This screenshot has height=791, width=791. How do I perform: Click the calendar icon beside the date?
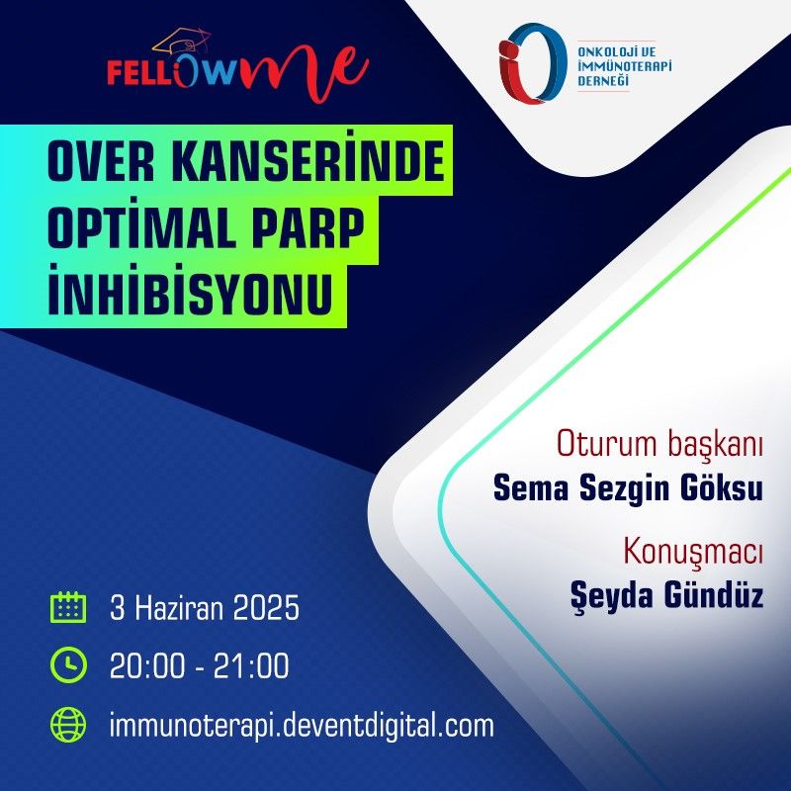point(68,607)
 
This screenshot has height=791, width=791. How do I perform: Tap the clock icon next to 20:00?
point(68,664)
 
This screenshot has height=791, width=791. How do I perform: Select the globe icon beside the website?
point(68,725)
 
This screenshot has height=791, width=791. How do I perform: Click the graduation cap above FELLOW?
point(182,42)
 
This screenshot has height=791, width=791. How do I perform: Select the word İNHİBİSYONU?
point(190,294)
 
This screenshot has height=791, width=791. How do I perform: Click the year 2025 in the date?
point(266,608)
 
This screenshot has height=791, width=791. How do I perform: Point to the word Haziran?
point(179,608)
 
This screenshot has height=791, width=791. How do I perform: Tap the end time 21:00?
point(251,665)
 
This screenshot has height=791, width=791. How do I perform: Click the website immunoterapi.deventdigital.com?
point(302,727)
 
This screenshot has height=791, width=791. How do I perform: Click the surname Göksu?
point(722,487)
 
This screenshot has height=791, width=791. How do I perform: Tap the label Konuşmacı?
point(693,553)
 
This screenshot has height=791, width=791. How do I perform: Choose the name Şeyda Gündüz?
point(666,595)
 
